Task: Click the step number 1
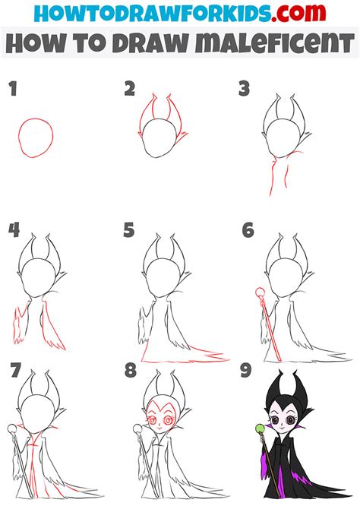click(12, 90)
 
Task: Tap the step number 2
click(130, 90)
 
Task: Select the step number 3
click(245, 90)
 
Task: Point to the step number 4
click(13, 230)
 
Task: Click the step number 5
click(129, 230)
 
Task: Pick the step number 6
click(248, 230)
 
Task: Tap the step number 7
click(15, 370)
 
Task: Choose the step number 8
click(130, 370)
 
